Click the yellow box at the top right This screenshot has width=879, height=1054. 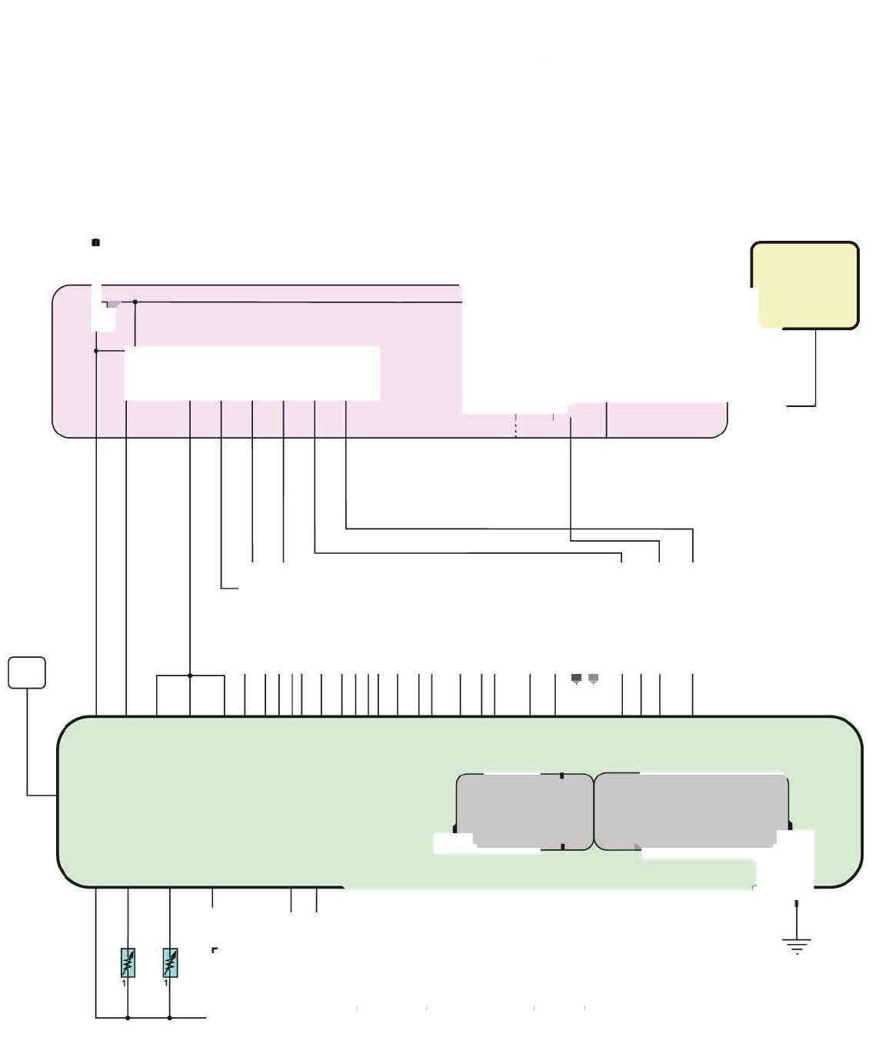point(804,285)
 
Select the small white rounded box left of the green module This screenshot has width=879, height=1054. point(27,672)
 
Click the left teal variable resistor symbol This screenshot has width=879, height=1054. point(128,962)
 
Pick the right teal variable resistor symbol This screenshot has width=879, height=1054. point(170,962)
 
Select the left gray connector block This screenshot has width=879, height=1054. point(524,811)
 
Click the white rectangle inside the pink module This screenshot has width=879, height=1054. point(252,373)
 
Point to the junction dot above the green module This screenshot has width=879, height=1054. point(190,675)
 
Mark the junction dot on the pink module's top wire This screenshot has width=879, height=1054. point(135,302)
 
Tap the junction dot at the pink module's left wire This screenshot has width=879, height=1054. point(96,351)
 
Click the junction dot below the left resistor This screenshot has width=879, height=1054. point(128,1018)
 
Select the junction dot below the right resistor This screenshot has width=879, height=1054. point(169,1018)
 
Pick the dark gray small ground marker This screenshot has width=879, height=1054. point(577,678)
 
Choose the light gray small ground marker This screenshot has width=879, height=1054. point(594,678)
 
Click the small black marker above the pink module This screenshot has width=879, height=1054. point(95,242)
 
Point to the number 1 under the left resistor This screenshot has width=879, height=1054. point(124,982)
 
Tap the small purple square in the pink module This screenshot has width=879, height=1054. point(113,305)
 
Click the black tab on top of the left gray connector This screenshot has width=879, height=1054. point(562,776)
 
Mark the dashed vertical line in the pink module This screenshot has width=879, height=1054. point(515,426)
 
